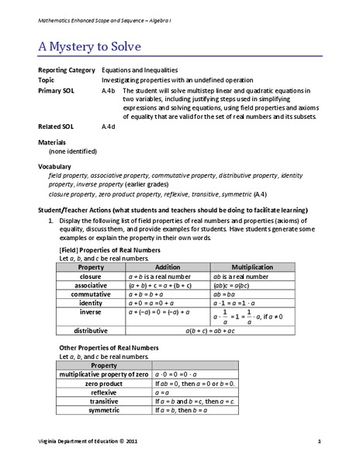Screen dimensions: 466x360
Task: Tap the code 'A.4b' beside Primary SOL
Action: coord(109,91)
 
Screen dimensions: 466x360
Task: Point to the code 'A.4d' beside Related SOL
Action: coord(109,126)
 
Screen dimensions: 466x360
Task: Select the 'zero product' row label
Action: coord(104,384)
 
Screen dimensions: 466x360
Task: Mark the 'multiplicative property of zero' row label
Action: coord(104,374)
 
